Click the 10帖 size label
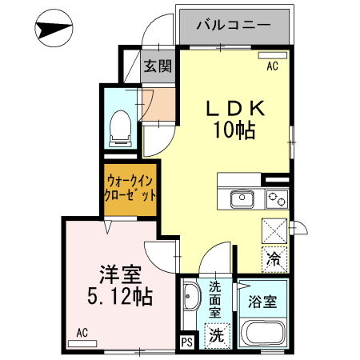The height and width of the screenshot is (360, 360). [233, 129]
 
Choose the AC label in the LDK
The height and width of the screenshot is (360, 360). [272, 66]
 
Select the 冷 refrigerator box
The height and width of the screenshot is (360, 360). [274, 259]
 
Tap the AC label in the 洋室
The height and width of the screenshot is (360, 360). [82, 332]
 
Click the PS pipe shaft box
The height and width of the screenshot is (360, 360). [187, 342]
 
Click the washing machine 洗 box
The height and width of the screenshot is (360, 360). [217, 337]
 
